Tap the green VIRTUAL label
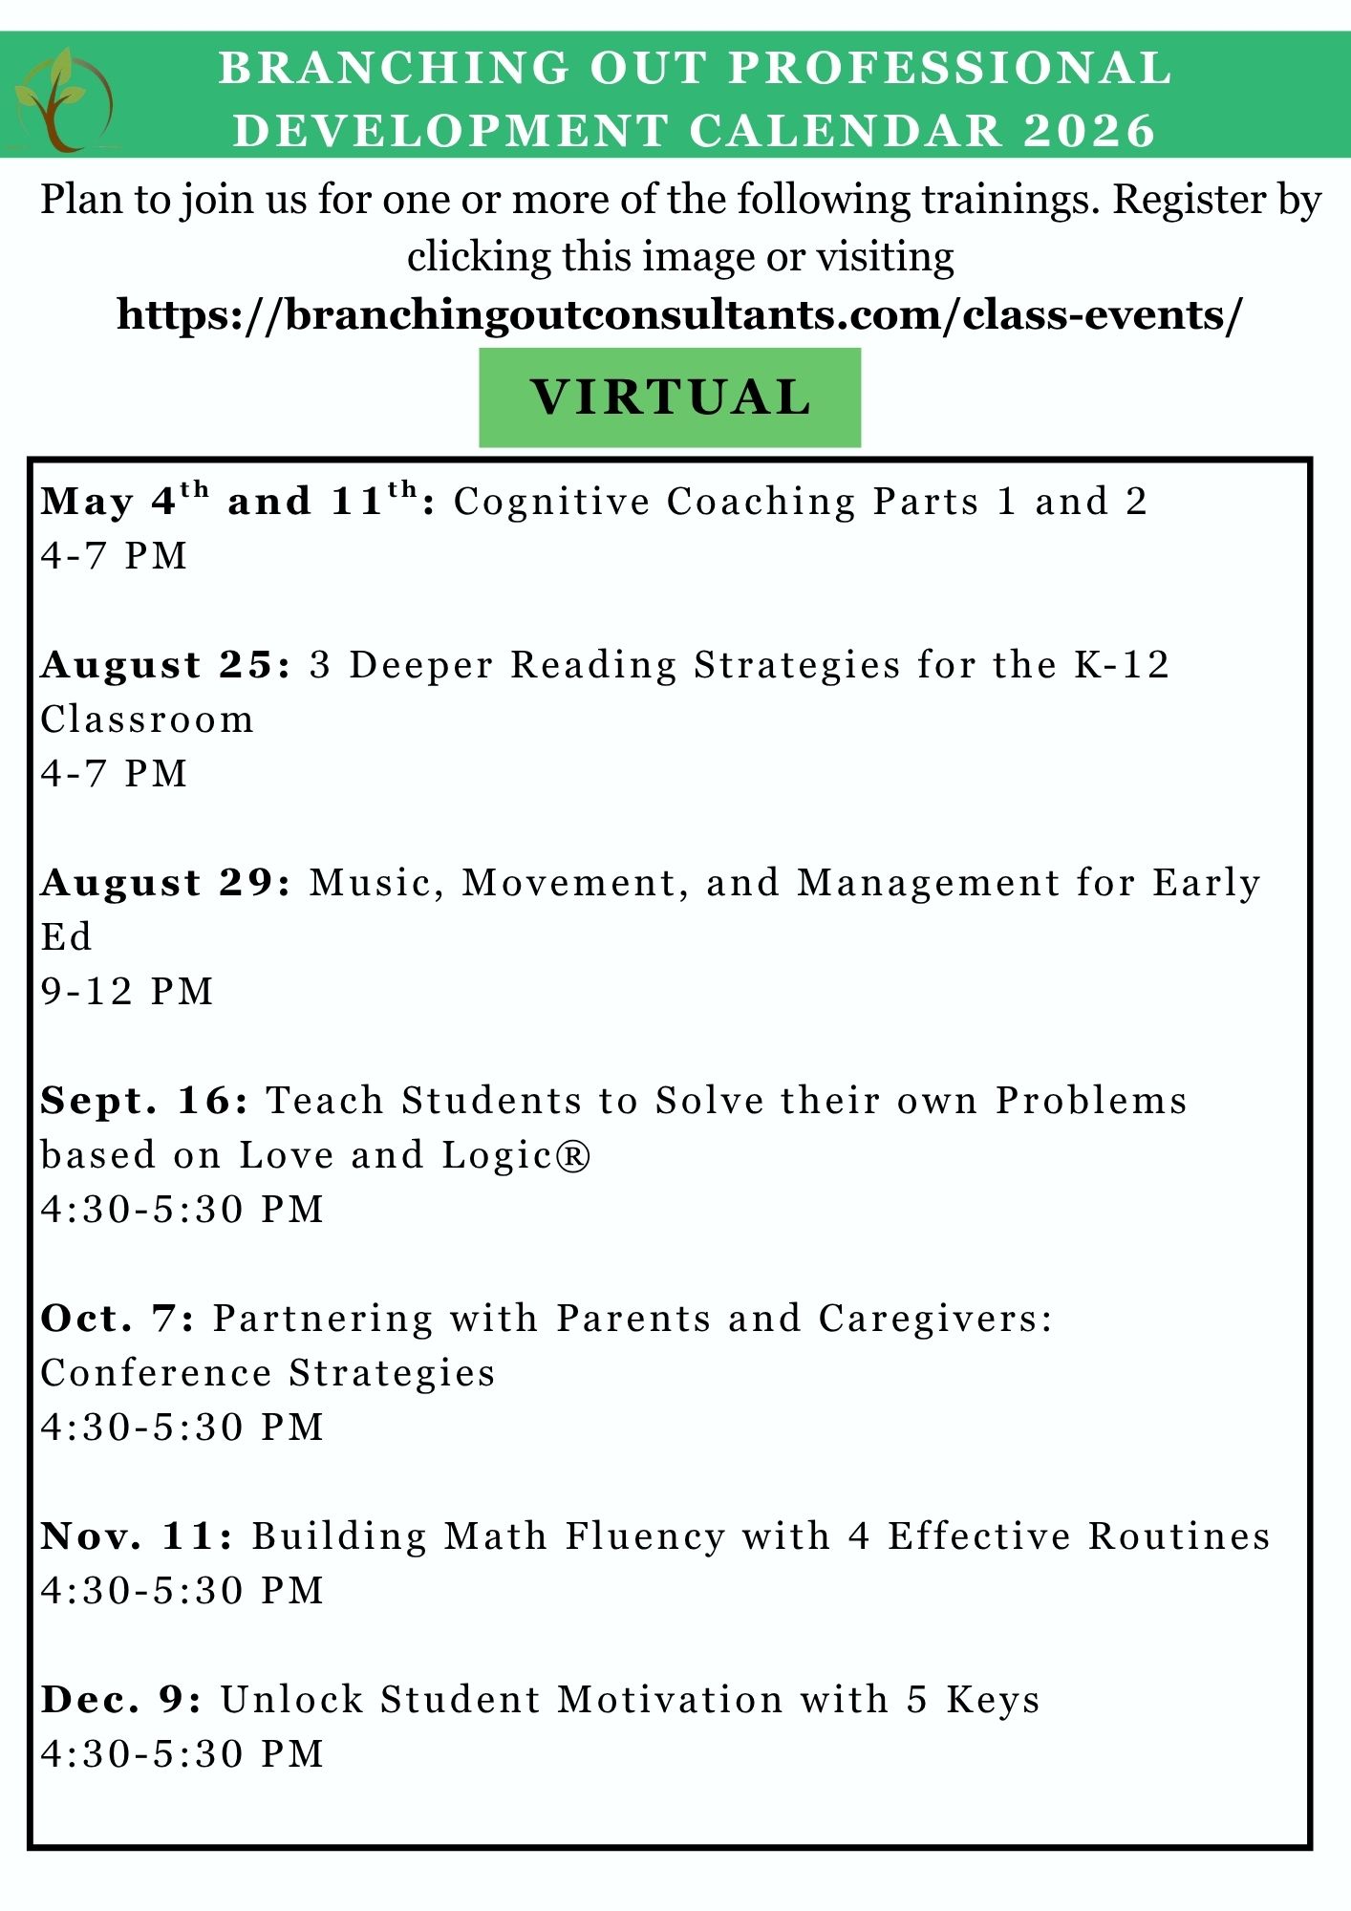point(670,397)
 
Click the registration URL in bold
point(679,314)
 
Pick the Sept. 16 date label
point(144,1101)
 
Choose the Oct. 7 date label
point(118,1319)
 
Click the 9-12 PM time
point(127,992)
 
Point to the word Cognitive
point(550,502)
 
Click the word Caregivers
point(934,1319)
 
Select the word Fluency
point(645,1536)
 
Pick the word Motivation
point(670,1700)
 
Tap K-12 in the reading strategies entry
point(1122,665)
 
